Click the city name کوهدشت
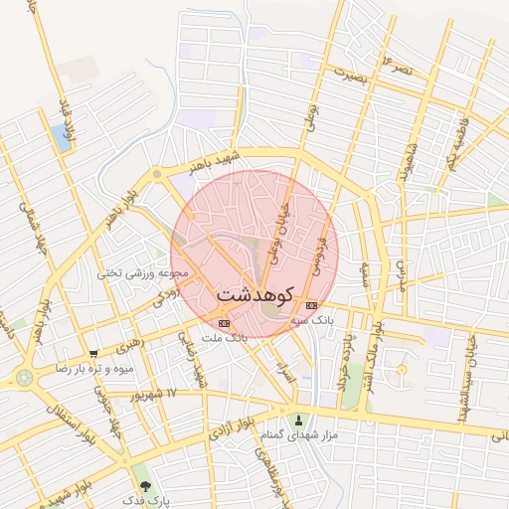[x=254, y=295]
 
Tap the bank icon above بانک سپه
[x=312, y=305]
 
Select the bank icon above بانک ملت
[x=224, y=323]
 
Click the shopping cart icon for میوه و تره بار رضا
[x=93, y=353]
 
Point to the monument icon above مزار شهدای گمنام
[x=298, y=420]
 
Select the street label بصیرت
[x=350, y=77]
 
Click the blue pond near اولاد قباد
[x=62, y=138]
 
